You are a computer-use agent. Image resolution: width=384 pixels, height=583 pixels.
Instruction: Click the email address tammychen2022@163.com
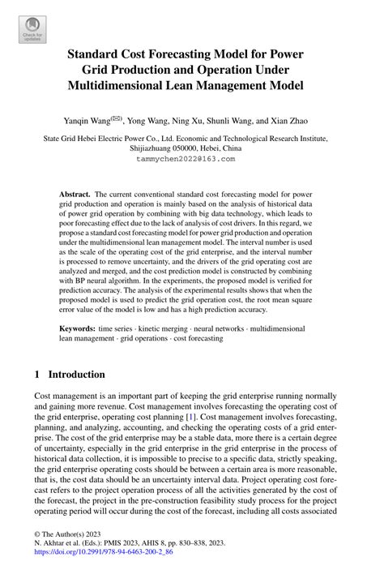coord(191,160)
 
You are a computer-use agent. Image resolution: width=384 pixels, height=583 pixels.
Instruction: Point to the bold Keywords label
coord(79,329)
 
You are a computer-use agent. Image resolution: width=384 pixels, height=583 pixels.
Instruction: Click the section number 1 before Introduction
coord(37,375)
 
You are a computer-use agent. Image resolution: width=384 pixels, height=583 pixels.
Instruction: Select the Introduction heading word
coord(77,375)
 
